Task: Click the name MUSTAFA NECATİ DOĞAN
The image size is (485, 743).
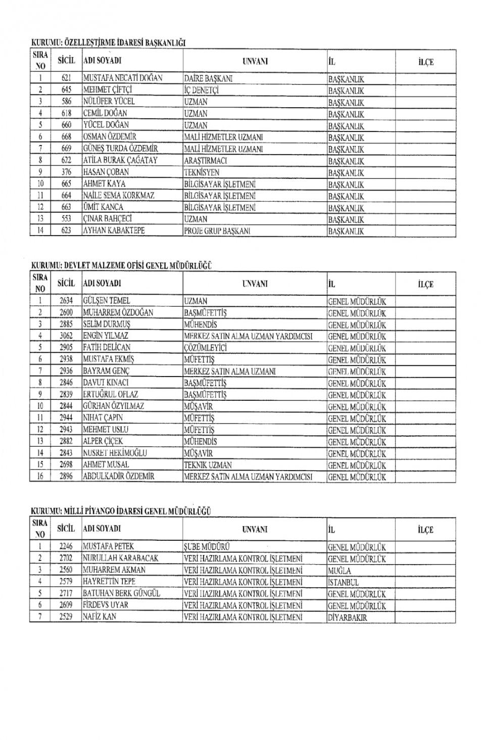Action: tap(123, 78)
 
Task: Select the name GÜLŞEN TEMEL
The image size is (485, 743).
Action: tap(107, 301)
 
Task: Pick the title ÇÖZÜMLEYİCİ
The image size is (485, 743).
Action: tap(206, 348)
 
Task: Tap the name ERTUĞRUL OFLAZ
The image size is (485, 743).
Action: tap(111, 394)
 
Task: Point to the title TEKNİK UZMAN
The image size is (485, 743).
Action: tap(208, 465)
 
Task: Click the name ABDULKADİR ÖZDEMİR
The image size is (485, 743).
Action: tap(119, 477)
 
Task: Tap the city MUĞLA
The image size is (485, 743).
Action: tap(339, 570)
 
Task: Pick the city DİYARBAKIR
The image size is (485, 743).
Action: tap(348, 617)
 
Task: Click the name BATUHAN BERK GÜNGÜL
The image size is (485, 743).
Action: tap(121, 593)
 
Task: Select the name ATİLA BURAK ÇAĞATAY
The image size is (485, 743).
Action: tap(120, 160)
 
